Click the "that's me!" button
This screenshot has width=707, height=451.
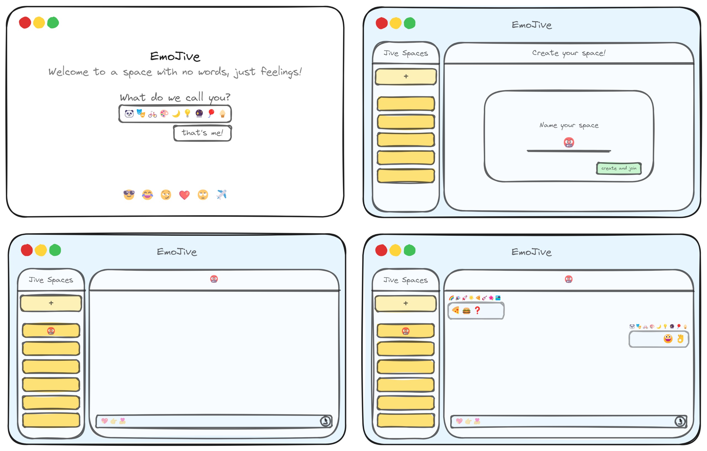pos(202,133)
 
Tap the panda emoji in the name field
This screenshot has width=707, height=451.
pos(129,114)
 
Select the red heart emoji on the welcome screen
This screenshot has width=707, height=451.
pos(184,195)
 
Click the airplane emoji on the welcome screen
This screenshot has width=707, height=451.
pos(221,195)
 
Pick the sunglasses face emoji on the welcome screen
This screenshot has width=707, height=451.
pos(129,195)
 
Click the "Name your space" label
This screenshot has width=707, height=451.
pos(569,125)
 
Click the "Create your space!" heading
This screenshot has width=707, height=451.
pos(569,53)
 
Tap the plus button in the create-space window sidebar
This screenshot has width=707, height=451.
pos(406,76)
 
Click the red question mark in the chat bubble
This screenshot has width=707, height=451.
pos(478,311)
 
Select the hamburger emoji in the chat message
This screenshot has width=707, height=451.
pos(466,311)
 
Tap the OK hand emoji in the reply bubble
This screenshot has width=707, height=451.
pos(680,339)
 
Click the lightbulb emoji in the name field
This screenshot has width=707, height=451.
pos(187,113)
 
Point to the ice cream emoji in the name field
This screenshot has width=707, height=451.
pos(223,113)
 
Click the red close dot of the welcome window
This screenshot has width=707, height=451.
pos(25,23)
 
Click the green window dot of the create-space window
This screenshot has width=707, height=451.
pos(410,23)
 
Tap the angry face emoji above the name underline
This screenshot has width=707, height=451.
pos(569,142)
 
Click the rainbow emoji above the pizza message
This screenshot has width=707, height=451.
pos(452,298)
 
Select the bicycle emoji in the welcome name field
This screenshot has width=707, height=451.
pos(152,114)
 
